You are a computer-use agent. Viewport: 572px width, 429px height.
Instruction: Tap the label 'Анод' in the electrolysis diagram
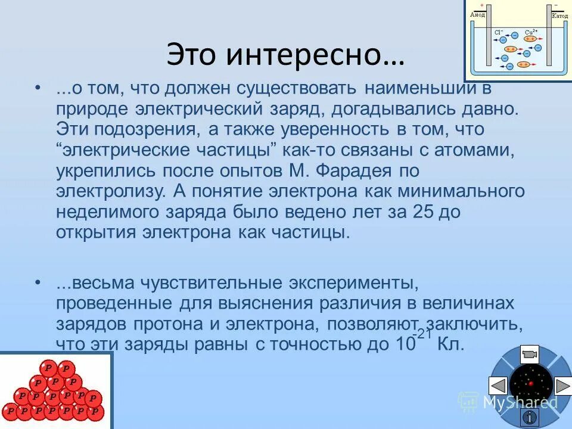pyautogui.click(x=478, y=14)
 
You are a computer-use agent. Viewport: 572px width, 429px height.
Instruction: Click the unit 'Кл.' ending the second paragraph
pyautogui.click(x=450, y=344)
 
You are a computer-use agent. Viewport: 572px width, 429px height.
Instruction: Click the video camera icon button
pyautogui.click(x=529, y=355)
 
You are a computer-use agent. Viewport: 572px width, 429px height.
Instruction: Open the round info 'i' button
pyautogui.click(x=529, y=416)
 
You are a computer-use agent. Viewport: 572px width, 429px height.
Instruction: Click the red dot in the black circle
pyautogui.click(x=530, y=384)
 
